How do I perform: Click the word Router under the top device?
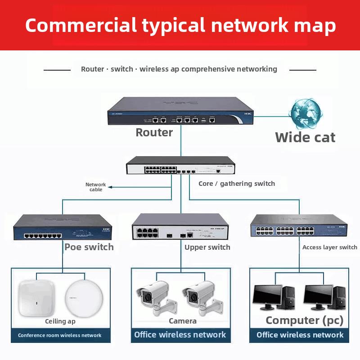point(154,132)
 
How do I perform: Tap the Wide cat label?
point(305,137)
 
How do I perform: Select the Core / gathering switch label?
point(237,184)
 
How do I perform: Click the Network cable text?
point(95,187)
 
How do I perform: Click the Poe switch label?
point(89,247)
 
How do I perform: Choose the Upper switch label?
point(207,247)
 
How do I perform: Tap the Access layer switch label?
point(329,247)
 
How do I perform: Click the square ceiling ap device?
point(36,298)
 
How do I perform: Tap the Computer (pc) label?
point(304,320)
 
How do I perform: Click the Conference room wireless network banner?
point(60,335)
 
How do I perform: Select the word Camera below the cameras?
point(182,321)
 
